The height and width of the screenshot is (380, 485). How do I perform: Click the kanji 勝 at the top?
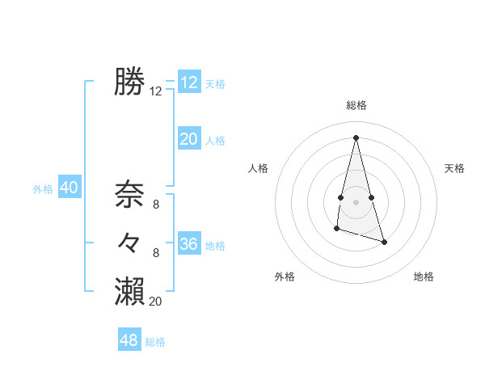tap(129, 82)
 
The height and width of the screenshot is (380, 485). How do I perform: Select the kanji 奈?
tap(129, 194)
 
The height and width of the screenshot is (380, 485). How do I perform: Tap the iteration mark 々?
tap(129, 242)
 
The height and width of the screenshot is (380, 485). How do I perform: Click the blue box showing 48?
tap(129, 340)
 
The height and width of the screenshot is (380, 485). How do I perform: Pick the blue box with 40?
tap(69, 188)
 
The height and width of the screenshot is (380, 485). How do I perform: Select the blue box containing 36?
tap(189, 244)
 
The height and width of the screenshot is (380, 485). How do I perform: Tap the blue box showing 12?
tap(189, 82)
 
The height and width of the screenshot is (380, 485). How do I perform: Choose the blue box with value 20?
tap(189, 139)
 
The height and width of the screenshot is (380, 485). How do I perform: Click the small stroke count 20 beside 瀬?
tap(156, 302)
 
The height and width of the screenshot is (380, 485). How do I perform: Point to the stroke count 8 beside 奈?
tap(156, 205)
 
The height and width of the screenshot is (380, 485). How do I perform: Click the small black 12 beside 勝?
tap(156, 92)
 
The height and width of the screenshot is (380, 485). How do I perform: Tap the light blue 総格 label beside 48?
tap(155, 342)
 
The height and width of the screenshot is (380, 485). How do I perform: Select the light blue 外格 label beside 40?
tap(43, 189)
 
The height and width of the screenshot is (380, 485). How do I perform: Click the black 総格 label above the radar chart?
tap(356, 105)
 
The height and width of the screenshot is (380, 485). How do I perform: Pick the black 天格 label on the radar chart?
tap(455, 168)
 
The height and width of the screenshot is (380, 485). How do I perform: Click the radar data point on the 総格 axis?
tap(356, 137)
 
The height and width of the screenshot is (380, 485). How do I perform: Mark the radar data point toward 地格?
tap(384, 242)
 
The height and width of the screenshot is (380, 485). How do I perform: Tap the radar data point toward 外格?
tap(336, 230)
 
